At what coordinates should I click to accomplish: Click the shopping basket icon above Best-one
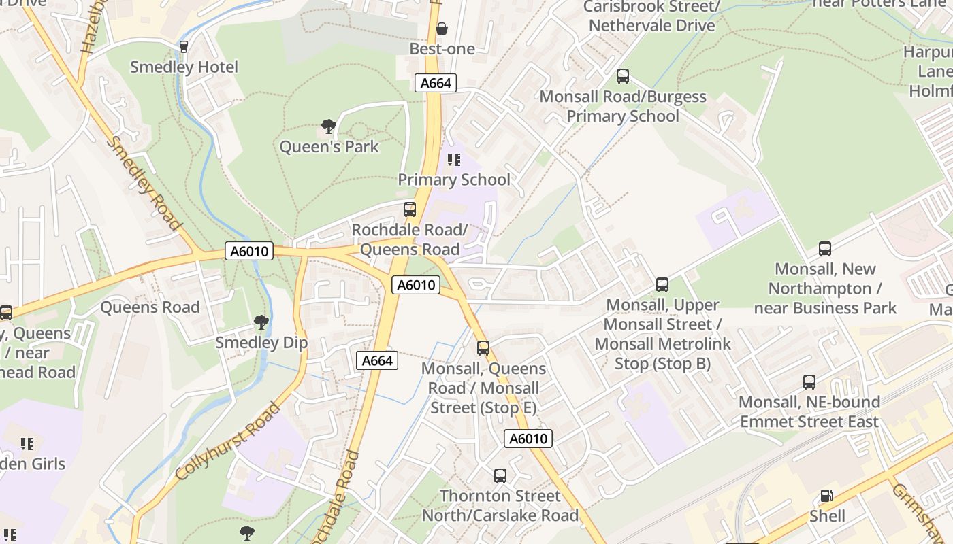442,29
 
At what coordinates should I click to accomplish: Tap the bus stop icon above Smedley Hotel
183,47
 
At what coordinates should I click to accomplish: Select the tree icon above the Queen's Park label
329,126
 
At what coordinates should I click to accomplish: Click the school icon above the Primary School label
454,160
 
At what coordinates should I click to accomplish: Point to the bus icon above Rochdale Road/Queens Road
410,209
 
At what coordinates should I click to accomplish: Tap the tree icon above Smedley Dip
261,322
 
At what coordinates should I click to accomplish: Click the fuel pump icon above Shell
827,496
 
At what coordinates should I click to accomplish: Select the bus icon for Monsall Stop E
483,348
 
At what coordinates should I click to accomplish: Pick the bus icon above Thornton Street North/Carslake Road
500,476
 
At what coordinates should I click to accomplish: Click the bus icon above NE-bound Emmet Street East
809,382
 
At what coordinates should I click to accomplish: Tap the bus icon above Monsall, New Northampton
825,249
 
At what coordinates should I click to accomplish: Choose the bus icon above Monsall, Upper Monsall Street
662,285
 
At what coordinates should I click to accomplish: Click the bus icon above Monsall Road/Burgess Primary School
623,76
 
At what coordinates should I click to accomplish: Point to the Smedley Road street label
145,183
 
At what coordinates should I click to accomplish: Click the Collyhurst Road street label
228,441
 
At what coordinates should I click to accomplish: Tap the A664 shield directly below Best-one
436,83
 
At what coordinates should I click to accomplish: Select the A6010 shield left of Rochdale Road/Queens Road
250,252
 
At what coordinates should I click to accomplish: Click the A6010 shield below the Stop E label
529,439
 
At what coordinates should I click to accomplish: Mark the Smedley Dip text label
261,343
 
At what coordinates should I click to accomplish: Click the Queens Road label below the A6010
150,307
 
